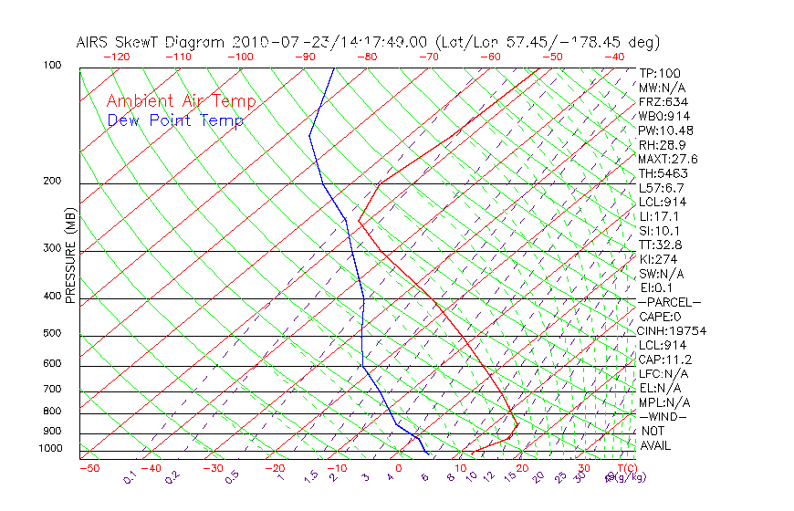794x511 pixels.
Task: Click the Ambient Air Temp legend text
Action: point(181,101)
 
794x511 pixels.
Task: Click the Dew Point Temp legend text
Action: point(175,120)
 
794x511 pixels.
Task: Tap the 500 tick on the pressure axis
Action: point(53,333)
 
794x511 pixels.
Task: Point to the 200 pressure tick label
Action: point(53,181)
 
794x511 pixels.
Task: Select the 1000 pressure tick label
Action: point(50,448)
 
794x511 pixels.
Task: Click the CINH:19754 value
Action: point(673,330)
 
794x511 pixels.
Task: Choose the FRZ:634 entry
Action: point(663,101)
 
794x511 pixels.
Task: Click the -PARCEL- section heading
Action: point(670,302)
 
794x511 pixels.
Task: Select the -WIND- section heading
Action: point(663,416)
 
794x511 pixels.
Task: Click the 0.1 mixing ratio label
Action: point(130,477)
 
